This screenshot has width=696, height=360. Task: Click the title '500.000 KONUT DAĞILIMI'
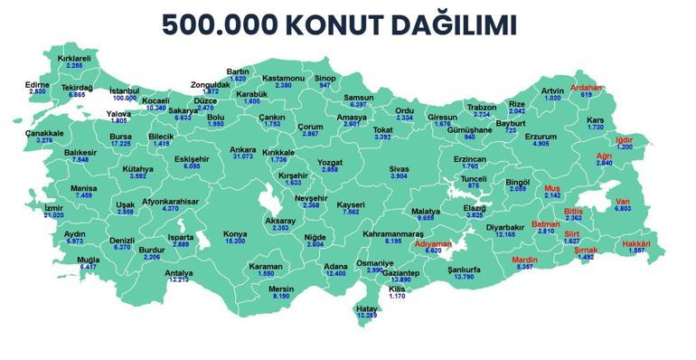coord(348,24)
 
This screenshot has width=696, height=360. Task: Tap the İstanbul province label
coord(125,90)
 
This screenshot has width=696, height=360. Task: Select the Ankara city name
coord(243,149)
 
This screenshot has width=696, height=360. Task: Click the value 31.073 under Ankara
coord(243,157)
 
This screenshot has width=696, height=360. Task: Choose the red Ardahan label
coord(586,88)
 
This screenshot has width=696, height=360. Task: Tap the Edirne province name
coord(37,84)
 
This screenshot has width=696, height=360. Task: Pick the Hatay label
coord(367,308)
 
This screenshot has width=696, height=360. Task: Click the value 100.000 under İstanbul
coord(125,98)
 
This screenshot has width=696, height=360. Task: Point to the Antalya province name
coord(179,272)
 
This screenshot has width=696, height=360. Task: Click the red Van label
coord(622,201)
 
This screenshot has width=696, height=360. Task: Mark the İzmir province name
coord(54,207)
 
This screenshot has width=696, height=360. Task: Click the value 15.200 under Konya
coord(235,242)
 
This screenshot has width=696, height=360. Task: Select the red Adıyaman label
coord(433,243)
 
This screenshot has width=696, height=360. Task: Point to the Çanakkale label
coord(44,133)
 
